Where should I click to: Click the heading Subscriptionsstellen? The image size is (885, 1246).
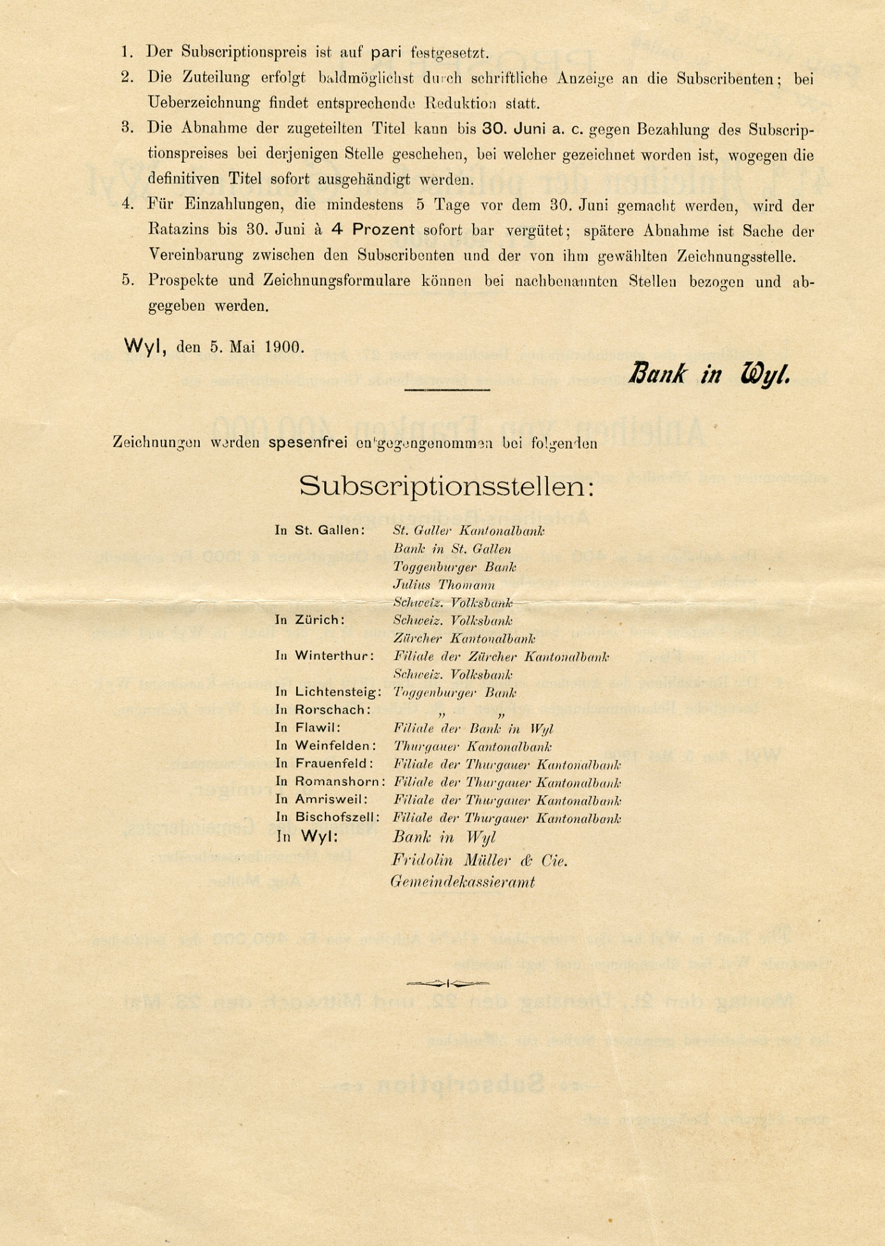pyautogui.click(x=447, y=486)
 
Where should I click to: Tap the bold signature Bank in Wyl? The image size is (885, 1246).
pyautogui.click(x=709, y=374)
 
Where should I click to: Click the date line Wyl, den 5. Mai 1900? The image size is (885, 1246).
pyautogui.click(x=214, y=347)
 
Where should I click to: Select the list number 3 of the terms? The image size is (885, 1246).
pyautogui.click(x=127, y=128)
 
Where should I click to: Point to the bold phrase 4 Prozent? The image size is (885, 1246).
pyautogui.click(x=373, y=230)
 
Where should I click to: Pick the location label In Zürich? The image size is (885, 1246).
pyautogui.click(x=310, y=620)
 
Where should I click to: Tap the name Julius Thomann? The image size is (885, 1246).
pyautogui.click(x=444, y=585)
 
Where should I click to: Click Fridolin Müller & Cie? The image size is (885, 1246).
pyautogui.click(x=480, y=860)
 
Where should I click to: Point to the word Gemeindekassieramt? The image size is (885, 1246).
pyautogui.click(x=463, y=882)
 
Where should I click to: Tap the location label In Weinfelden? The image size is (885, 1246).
pyautogui.click(x=325, y=746)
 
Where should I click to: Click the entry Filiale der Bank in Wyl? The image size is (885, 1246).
pyautogui.click(x=473, y=728)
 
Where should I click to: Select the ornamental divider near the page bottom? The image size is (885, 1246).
pyautogui.click(x=448, y=982)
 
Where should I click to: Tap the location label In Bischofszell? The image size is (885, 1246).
pyautogui.click(x=328, y=817)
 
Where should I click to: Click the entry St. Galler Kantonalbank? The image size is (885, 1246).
pyautogui.click(x=469, y=530)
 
